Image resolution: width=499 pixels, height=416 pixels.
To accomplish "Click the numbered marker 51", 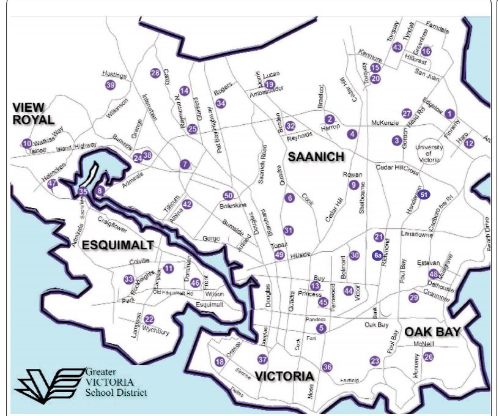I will [425, 194].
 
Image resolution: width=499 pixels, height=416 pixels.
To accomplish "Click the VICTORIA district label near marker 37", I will [286, 374].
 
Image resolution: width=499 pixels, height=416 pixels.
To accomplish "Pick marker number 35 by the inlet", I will [83, 191].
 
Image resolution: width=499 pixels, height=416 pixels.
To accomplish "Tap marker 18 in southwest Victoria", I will [220, 362].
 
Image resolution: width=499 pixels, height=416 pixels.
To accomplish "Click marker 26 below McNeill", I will [429, 357].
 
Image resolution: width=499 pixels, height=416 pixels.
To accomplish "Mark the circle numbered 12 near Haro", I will [469, 143].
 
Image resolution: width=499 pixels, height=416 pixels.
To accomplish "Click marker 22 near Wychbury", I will [149, 319].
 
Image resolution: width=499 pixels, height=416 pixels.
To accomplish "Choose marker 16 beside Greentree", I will [426, 51].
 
